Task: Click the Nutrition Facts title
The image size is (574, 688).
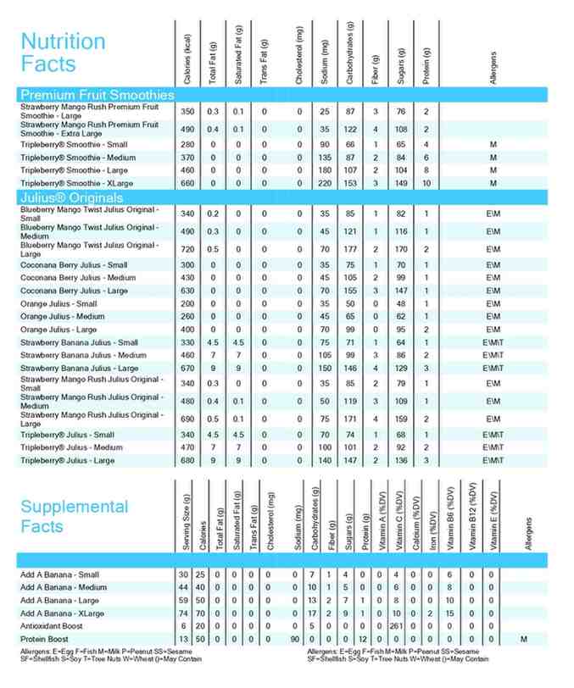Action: (x=63, y=52)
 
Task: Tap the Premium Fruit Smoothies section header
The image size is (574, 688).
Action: (x=97, y=95)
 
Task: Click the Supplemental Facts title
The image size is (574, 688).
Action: (x=75, y=516)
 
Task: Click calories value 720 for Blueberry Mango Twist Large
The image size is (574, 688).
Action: (x=187, y=249)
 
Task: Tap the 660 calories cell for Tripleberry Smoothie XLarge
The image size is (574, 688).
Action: (x=187, y=183)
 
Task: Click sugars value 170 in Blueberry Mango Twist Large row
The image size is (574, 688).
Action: (x=400, y=249)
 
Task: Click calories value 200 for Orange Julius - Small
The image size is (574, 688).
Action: (x=187, y=303)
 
